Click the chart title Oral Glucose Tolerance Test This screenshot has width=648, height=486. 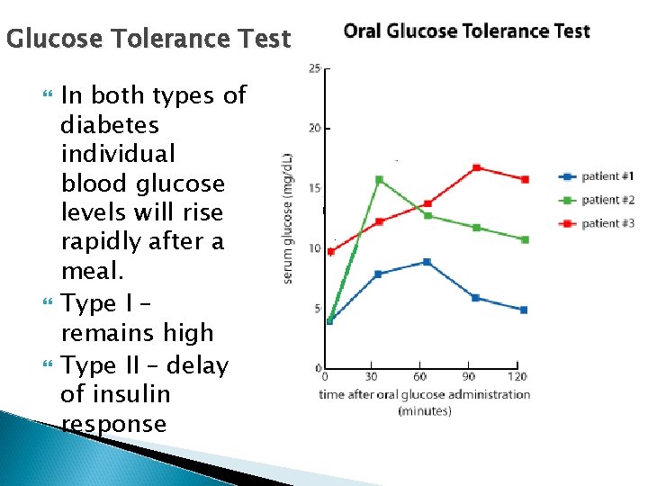[x=467, y=31]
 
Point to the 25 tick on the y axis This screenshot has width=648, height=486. [x=314, y=68]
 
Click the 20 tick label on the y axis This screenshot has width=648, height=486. [x=314, y=128]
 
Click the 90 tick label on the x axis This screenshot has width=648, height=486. [x=468, y=376]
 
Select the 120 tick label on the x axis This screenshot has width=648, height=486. [x=517, y=376]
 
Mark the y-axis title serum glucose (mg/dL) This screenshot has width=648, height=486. [x=289, y=218]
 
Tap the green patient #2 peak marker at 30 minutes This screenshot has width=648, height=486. [x=379, y=180]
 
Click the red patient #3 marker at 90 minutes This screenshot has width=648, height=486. [x=476, y=167]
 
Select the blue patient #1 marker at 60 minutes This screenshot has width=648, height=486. [x=427, y=262]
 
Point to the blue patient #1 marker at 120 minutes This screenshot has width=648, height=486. [x=524, y=310]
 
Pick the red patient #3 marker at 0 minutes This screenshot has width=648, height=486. [x=331, y=252]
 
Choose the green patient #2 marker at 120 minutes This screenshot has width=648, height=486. [x=524, y=239]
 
